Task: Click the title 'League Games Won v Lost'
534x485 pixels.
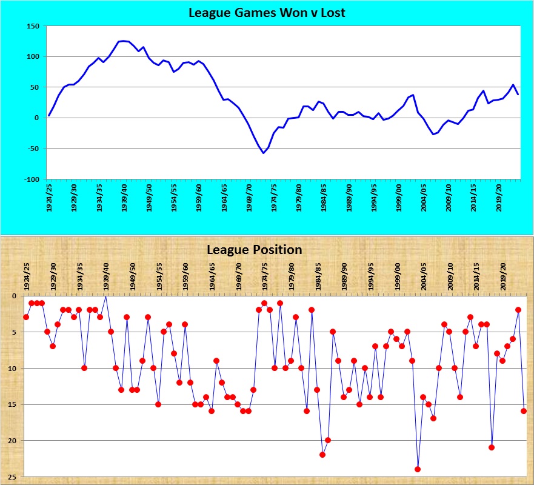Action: (x=267, y=12)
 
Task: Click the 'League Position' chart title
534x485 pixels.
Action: (x=254, y=249)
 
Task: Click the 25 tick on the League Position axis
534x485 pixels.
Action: (x=14, y=477)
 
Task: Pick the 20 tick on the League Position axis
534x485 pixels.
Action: (x=14, y=441)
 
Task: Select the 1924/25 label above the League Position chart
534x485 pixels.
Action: (x=26, y=276)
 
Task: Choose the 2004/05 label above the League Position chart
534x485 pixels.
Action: (x=424, y=276)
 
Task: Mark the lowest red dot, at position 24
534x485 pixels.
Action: (x=418, y=469)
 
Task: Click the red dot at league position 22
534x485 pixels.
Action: (x=322, y=455)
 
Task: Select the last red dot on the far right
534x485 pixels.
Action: (x=524, y=411)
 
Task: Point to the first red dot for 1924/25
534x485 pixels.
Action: (x=26, y=317)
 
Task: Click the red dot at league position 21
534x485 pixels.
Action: (x=492, y=447)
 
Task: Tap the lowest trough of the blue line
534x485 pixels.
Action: (x=263, y=153)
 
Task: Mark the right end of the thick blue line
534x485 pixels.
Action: (x=518, y=95)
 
